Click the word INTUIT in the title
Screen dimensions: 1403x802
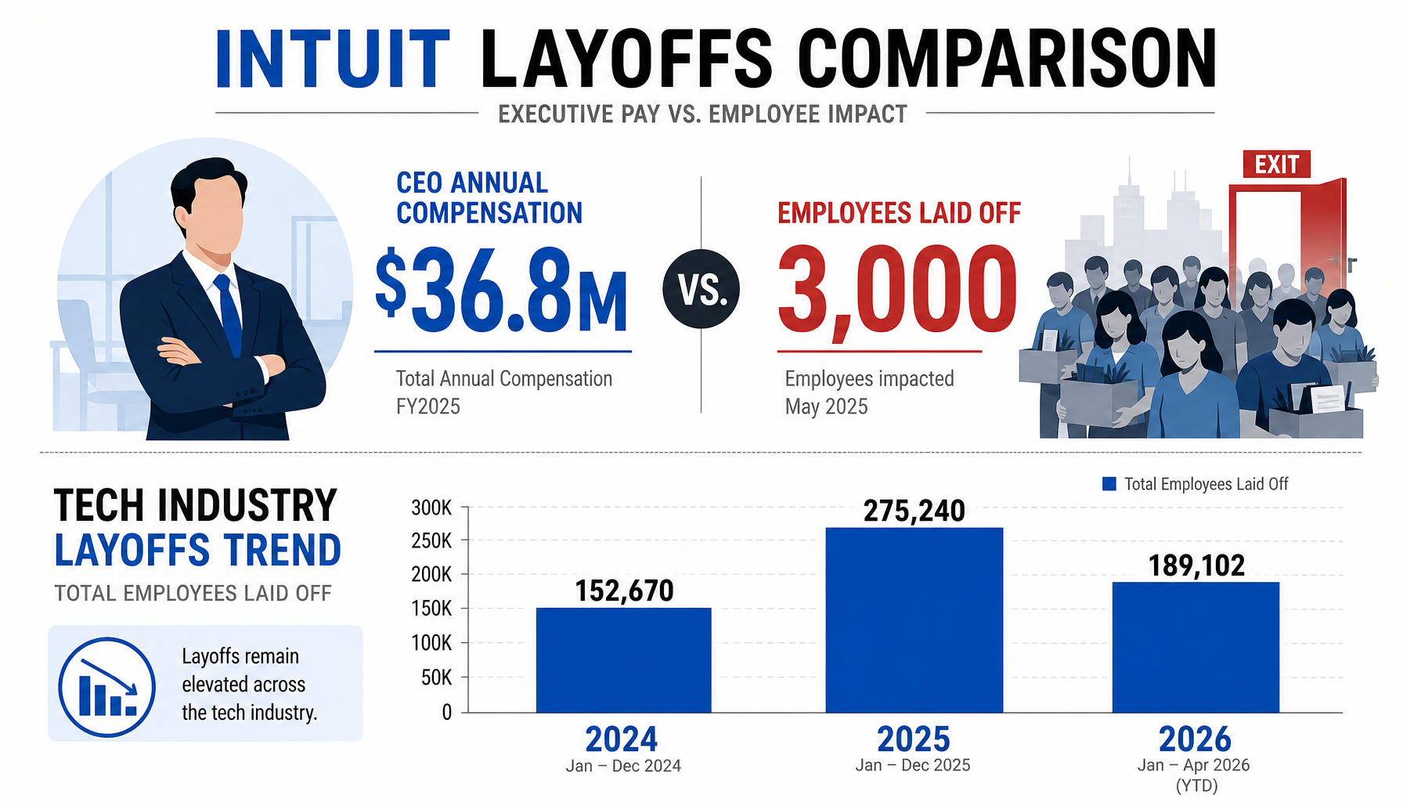(333, 59)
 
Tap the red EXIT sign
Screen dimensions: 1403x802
(1276, 164)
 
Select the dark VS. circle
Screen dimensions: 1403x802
(701, 289)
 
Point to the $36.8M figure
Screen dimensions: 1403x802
(501, 291)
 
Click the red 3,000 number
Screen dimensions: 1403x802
(897, 291)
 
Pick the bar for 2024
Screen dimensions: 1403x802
(623, 660)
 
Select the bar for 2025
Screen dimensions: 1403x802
(914, 620)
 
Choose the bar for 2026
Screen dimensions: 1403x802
(1196, 647)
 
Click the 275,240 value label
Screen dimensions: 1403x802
(914, 511)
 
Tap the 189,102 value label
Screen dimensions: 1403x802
(1196, 565)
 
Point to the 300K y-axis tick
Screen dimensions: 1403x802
(431, 508)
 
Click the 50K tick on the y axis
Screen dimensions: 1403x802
(436, 677)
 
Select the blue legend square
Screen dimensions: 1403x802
(1109, 484)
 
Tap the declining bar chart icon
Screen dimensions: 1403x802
(106, 687)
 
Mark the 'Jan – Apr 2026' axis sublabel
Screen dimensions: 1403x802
(1193, 765)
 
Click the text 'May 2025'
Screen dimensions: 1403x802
(826, 406)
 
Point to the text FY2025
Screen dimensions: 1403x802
(427, 406)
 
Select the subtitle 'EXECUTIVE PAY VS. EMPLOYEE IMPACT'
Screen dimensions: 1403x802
(702, 114)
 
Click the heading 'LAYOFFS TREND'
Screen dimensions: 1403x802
(197, 550)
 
